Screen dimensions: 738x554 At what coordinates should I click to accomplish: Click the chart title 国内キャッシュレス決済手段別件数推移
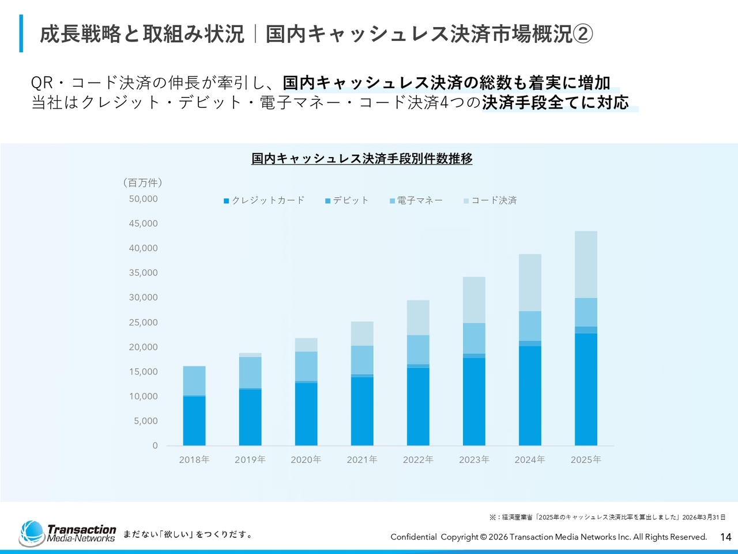(x=362, y=159)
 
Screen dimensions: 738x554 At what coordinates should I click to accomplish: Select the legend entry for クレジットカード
(x=264, y=200)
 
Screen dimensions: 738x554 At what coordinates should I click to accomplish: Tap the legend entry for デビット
(x=347, y=200)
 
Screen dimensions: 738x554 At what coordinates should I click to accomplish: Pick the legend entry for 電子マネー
(x=416, y=200)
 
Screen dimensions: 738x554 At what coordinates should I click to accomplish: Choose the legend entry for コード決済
(x=490, y=200)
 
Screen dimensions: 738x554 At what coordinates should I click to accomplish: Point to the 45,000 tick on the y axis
(x=143, y=223)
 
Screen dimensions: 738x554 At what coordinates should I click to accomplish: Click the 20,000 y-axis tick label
(x=143, y=347)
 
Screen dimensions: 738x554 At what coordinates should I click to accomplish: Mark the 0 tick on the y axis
(x=155, y=446)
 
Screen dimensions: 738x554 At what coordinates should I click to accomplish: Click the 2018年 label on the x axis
(x=194, y=459)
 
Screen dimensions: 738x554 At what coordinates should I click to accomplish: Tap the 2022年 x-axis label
(x=418, y=459)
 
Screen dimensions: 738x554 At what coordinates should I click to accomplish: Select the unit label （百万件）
(x=142, y=183)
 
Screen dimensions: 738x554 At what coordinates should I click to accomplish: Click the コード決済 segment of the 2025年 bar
(x=586, y=264)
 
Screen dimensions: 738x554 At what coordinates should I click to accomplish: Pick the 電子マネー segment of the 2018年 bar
(x=194, y=380)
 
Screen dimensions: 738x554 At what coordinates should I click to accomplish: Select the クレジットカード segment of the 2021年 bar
(x=362, y=411)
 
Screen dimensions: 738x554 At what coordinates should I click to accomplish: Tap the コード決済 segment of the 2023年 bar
(x=474, y=300)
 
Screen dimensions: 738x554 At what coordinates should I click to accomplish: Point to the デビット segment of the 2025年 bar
(x=586, y=330)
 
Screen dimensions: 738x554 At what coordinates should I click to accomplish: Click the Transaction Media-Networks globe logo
(x=32, y=533)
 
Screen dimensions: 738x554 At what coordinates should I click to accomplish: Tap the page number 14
(x=726, y=537)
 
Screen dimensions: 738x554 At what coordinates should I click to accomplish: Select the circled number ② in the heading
(x=583, y=34)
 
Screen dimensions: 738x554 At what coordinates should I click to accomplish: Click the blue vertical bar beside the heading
(x=21, y=33)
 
